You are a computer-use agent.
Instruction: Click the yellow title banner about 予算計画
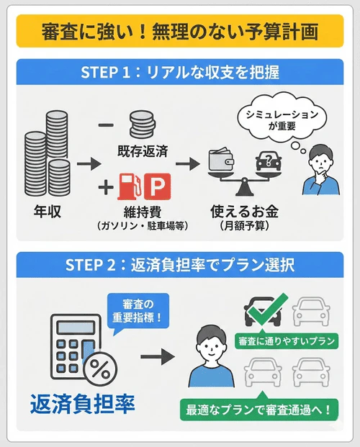179,33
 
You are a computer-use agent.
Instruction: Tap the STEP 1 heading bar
179,73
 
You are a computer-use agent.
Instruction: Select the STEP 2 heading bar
179,264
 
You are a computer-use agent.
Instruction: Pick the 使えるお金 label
243,212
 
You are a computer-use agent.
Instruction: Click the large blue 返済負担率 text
82,405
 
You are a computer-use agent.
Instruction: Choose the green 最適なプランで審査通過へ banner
259,411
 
